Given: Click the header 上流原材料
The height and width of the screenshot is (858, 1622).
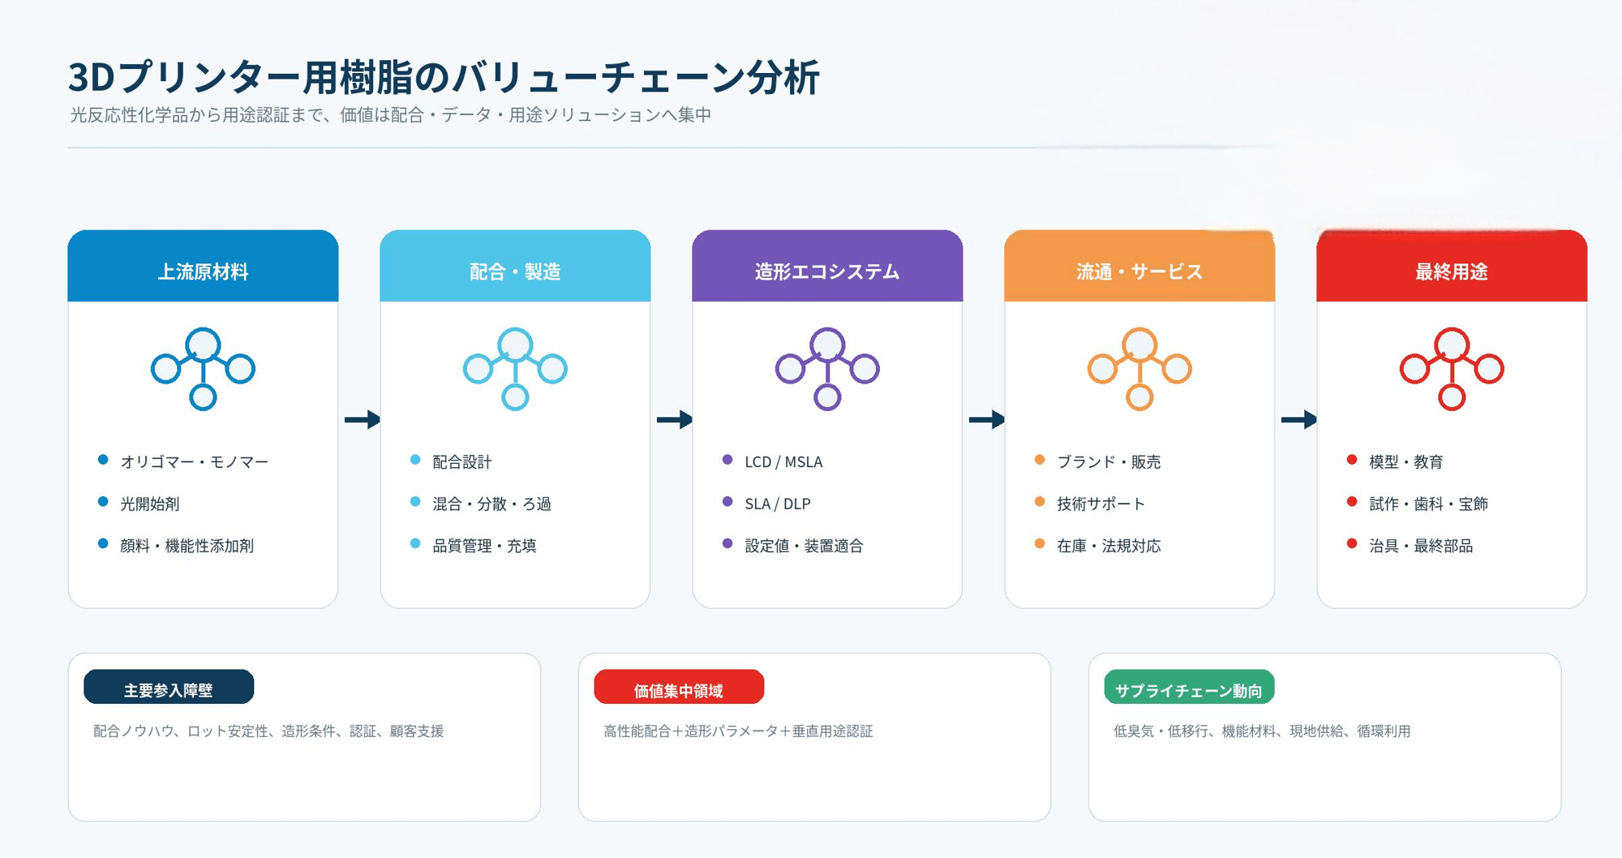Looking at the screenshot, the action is click(x=203, y=272).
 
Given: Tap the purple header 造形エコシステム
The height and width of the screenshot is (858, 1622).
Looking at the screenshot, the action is click(x=827, y=272).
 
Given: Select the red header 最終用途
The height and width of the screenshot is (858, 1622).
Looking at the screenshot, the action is click(x=1452, y=272).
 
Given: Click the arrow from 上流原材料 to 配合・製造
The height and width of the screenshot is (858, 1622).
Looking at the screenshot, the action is click(x=363, y=419).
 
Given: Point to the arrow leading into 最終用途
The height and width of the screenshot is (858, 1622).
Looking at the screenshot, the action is click(x=1299, y=419).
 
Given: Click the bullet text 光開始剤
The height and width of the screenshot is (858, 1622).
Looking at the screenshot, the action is click(x=150, y=504).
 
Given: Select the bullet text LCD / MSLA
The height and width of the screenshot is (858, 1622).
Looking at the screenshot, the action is click(x=783, y=461).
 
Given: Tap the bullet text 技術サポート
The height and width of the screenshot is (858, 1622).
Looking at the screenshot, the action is click(x=1101, y=504).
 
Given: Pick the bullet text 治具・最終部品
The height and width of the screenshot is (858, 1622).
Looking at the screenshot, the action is click(x=1421, y=546).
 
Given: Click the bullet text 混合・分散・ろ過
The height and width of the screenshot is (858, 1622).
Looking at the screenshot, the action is click(x=491, y=504).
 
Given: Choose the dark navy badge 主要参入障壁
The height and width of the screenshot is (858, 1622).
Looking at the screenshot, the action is click(x=169, y=687).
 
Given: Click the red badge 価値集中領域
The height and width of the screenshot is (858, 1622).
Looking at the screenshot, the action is click(x=679, y=687).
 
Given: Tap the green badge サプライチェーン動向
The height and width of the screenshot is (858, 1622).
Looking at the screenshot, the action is click(x=1189, y=687).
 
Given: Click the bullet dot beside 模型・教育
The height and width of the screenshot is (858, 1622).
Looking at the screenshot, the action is click(x=1352, y=460).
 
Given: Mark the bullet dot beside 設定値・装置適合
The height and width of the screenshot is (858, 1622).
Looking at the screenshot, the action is click(x=727, y=543).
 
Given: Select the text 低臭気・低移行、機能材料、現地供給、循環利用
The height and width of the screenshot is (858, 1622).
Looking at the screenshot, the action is click(x=1262, y=731).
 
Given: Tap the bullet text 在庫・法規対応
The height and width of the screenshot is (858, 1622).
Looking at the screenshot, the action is click(x=1109, y=546).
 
